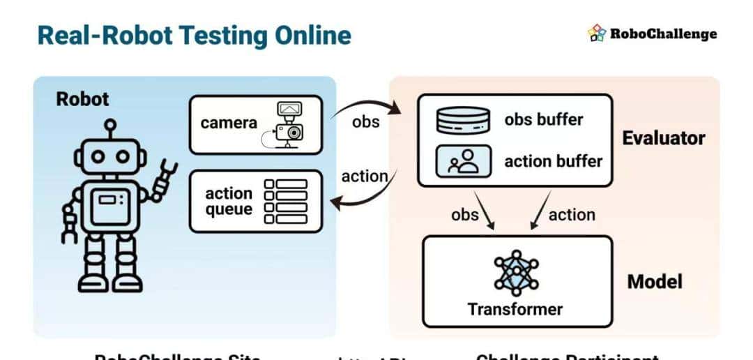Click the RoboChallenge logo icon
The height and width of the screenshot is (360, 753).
597,33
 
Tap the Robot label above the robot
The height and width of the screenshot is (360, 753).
82,99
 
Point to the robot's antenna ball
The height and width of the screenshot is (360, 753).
109,126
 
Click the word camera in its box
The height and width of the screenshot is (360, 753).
229,123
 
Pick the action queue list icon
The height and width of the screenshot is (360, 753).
286,201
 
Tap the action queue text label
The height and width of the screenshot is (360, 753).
229,201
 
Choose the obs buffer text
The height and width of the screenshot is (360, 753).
544,119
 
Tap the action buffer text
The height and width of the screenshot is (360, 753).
554,161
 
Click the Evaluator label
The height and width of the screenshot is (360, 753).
663,137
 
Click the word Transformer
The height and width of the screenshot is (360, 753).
515,308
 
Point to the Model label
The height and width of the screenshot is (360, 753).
655,282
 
